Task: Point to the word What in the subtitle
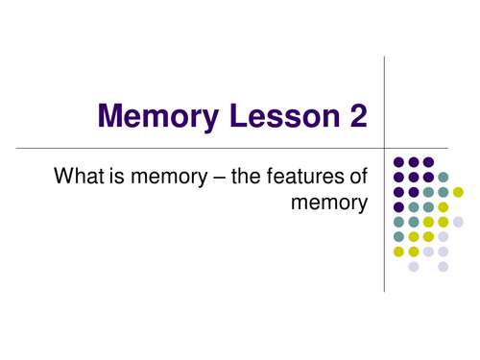[80, 177]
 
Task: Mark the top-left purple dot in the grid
[398, 161]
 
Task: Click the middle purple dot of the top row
[414, 161]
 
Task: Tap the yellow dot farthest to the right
[458, 192]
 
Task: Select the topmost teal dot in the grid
[443, 177]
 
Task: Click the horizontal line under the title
[192, 148]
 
